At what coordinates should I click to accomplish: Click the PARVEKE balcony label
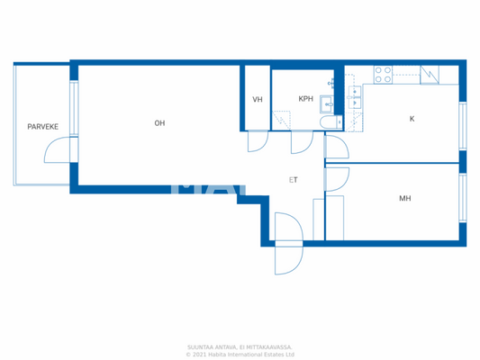42,127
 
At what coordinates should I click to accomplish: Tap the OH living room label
159,122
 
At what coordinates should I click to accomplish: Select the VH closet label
258,99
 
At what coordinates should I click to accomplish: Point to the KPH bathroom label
305,99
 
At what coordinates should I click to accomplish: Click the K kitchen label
412,119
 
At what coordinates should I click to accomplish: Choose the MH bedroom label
405,198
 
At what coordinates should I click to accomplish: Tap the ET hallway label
294,180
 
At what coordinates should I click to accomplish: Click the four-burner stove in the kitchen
383,75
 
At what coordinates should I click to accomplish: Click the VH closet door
257,141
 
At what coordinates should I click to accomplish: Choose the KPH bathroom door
301,142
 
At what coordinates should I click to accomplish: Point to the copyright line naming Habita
240,354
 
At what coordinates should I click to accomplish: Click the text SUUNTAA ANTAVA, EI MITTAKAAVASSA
240,346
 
